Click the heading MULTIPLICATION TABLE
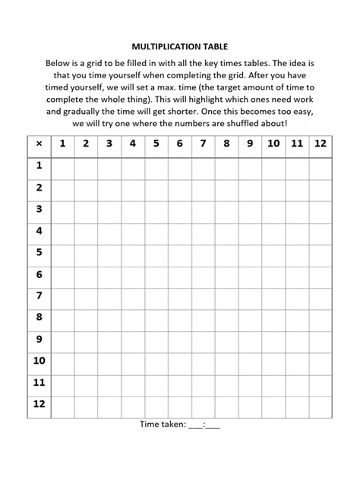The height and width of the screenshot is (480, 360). point(179,46)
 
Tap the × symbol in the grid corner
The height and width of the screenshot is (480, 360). point(39,144)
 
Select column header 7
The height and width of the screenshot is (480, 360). point(203,144)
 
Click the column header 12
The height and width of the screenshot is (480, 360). point(321,144)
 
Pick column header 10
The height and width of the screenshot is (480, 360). point(273,144)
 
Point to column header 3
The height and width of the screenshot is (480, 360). point(109,144)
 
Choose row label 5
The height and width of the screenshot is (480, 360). point(39,253)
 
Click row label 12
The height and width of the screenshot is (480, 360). point(39,405)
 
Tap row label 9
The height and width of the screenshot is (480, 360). point(39,339)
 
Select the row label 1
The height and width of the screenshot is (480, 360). point(39,166)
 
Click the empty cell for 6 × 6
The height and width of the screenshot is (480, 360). point(179,275)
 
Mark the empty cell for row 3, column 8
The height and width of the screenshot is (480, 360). point(226,210)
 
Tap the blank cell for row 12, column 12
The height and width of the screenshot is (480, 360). point(321,405)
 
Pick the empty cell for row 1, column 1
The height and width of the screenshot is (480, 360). point(62,166)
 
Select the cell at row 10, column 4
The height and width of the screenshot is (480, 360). point(132,362)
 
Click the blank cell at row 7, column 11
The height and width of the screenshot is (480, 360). point(297,296)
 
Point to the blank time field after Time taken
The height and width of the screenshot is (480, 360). point(204,425)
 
